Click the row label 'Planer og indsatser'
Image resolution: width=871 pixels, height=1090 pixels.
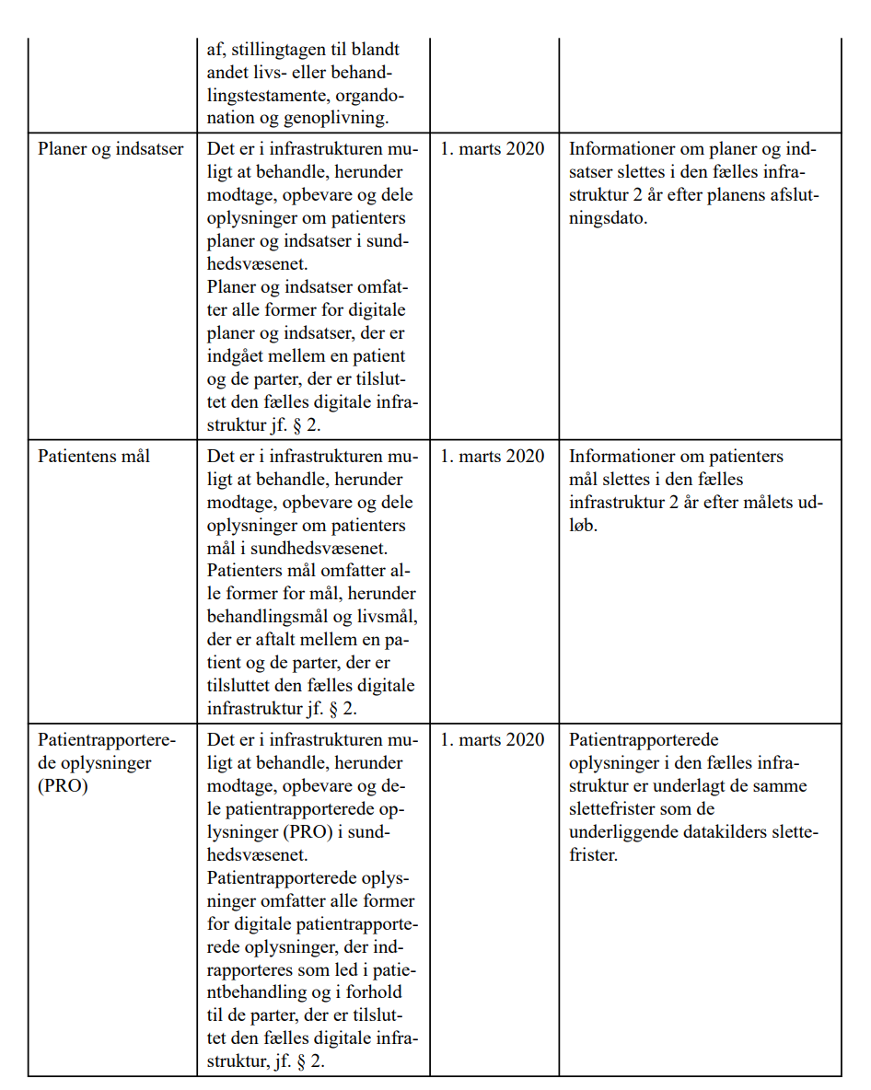click(110, 149)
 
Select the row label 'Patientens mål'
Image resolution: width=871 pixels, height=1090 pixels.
click(94, 456)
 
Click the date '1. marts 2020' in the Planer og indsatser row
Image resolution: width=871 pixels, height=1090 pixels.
click(492, 149)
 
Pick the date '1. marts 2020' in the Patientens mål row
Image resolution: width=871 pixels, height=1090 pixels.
click(492, 456)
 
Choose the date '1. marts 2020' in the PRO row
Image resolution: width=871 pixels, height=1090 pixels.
click(492, 739)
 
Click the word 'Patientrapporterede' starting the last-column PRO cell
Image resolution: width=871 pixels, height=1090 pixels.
click(644, 739)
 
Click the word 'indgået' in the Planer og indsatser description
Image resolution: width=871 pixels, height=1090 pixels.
click(237, 355)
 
